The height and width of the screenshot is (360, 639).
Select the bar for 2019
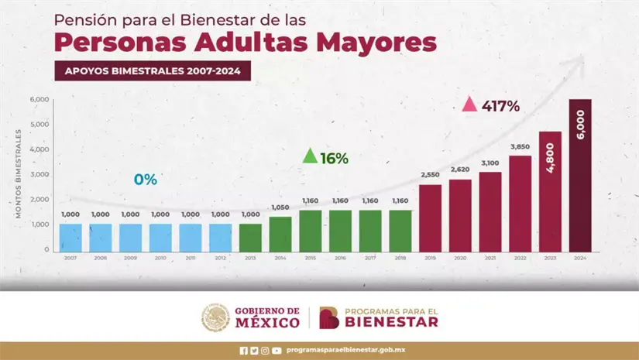click(x=430, y=218)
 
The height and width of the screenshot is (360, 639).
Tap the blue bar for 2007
click(x=70, y=237)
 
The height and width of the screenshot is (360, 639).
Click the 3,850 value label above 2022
click(x=520, y=146)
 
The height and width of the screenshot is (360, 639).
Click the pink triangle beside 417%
click(x=469, y=105)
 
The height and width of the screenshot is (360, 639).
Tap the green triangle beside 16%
click(x=309, y=156)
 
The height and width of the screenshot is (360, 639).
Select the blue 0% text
click(x=145, y=180)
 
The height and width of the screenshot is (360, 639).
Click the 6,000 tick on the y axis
click(x=40, y=99)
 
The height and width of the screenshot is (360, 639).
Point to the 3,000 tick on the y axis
click(x=40, y=174)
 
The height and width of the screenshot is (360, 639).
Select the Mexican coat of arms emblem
click(x=215, y=317)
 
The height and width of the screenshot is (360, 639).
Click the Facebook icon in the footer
click(x=244, y=351)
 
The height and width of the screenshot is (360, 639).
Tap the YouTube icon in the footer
click(x=277, y=351)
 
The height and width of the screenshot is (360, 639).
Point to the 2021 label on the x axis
click(x=490, y=257)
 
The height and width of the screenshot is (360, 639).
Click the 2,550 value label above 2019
click(x=430, y=175)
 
